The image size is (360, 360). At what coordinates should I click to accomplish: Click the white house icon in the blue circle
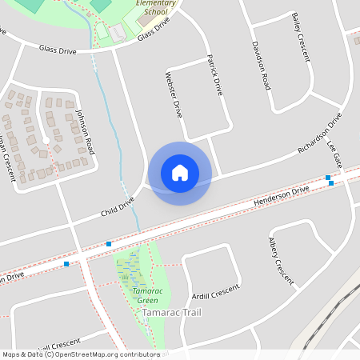coord(180,173)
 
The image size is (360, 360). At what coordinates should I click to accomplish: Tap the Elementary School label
coord(155,8)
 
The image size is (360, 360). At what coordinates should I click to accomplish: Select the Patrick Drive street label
coord(214,75)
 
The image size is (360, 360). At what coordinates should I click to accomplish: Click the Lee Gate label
coord(334,153)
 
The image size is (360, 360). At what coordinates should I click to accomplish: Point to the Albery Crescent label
coord(281,261)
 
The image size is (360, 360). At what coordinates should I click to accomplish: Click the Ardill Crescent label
coord(216,292)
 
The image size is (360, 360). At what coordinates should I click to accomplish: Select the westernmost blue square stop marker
coord(66,262)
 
